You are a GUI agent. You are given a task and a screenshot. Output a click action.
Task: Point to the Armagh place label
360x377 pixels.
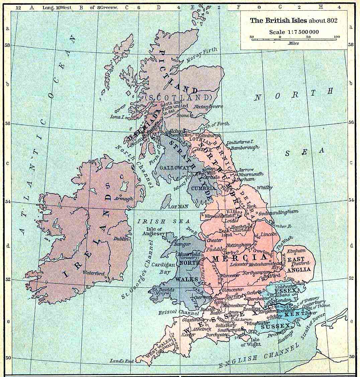pos(124,198)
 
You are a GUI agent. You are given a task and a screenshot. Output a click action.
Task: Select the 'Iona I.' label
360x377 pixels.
pos(117,117)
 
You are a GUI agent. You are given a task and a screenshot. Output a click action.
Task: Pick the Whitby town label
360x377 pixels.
pos(264,188)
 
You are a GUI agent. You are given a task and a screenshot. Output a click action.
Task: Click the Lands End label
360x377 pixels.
pos(122,361)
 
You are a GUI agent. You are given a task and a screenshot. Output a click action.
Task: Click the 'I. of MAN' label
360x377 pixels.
pos(178,206)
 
